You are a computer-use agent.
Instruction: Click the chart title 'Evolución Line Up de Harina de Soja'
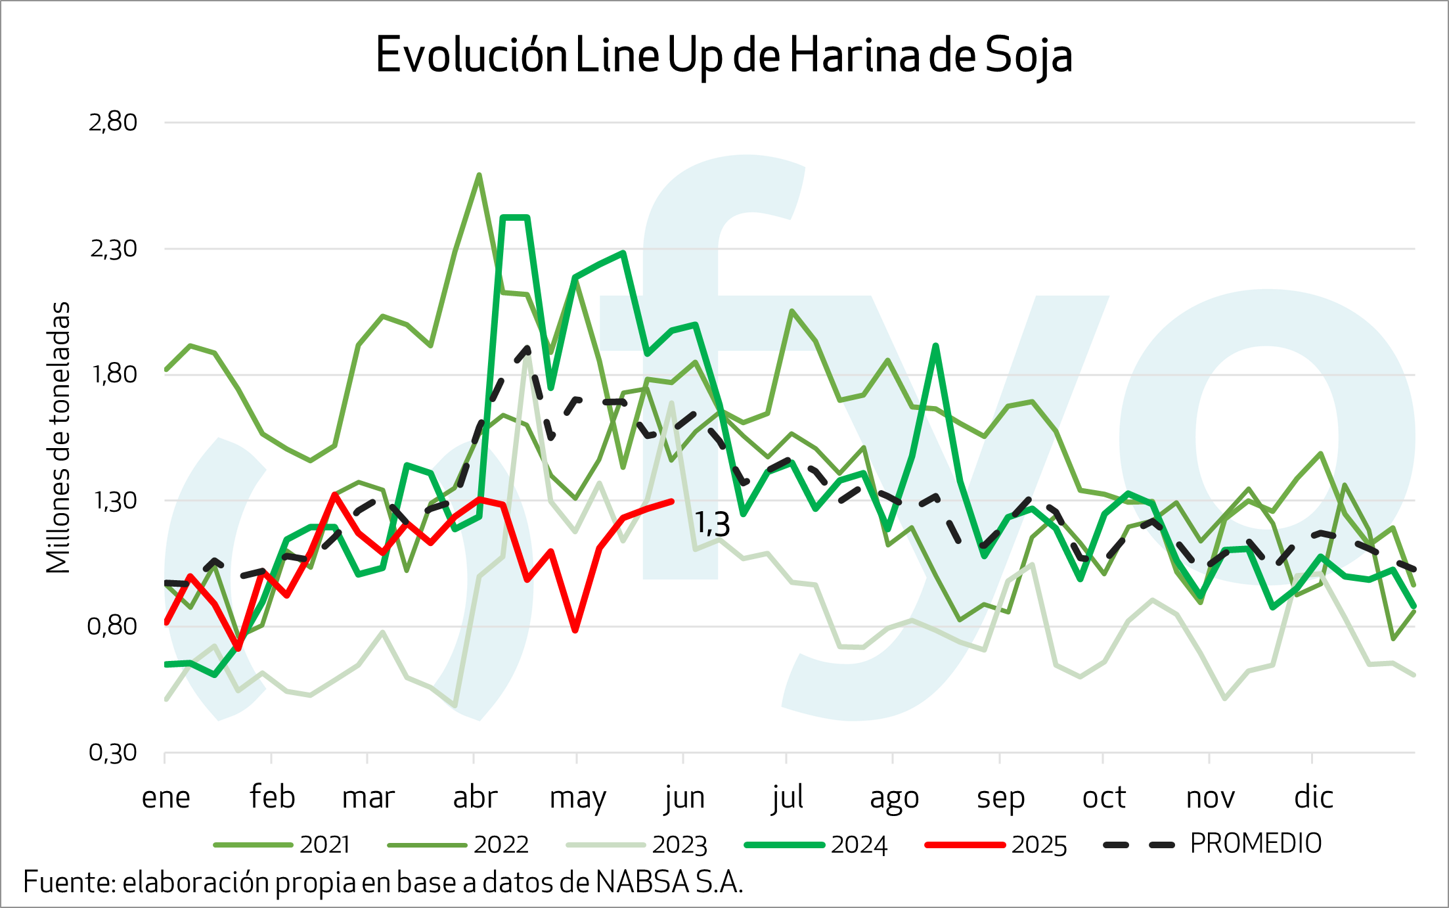pos(724,57)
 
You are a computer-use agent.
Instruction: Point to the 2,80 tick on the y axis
pos(113,122)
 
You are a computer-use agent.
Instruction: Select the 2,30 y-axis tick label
pos(113,248)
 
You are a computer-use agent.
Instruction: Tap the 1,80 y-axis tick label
pos(113,375)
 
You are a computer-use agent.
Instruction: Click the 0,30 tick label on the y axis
pos(113,753)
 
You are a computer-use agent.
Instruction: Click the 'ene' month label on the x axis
pos(166,798)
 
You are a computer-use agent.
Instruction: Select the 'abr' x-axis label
pos(475,798)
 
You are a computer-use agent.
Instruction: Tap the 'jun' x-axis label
pos(684,798)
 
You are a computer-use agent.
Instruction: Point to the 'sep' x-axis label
pos(1000,798)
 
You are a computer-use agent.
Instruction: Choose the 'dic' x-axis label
pos(1314,798)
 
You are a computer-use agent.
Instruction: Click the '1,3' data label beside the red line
pos(713,524)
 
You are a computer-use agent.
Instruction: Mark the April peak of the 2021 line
pos(479,175)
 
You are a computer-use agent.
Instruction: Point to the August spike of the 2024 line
pos(935,346)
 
